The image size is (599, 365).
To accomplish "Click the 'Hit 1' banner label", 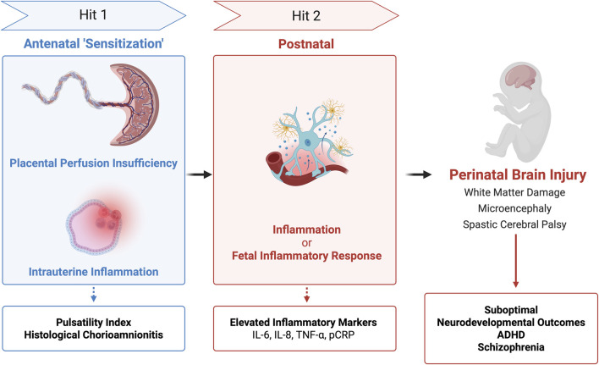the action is tap(93, 15).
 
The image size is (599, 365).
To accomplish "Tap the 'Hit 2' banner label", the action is tap(306, 16).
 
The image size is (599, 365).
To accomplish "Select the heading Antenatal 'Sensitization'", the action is tap(94, 43).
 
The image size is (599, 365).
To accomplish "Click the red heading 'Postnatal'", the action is tap(306, 44).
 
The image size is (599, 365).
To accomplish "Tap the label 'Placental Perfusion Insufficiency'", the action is tap(94, 163).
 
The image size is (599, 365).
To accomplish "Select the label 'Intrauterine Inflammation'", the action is tap(94, 272).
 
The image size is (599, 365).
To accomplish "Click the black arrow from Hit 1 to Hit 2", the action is tap(199, 174).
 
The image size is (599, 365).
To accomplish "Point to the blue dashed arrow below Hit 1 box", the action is tap(94, 295).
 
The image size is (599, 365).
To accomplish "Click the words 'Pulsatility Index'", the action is tap(94, 322).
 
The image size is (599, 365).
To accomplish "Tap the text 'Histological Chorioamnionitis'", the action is tap(94, 335).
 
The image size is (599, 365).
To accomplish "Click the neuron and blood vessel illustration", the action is tap(307, 143).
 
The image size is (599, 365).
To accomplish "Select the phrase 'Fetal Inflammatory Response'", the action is tap(307, 256).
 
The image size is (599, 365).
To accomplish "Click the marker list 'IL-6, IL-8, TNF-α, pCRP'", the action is tap(304, 335).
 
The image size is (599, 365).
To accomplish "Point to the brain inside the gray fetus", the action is tap(521, 79).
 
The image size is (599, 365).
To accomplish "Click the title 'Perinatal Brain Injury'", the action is tap(518, 174).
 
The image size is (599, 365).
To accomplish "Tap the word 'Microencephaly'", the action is tap(514, 208).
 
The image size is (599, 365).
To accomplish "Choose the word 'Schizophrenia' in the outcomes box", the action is tap(511, 347).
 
